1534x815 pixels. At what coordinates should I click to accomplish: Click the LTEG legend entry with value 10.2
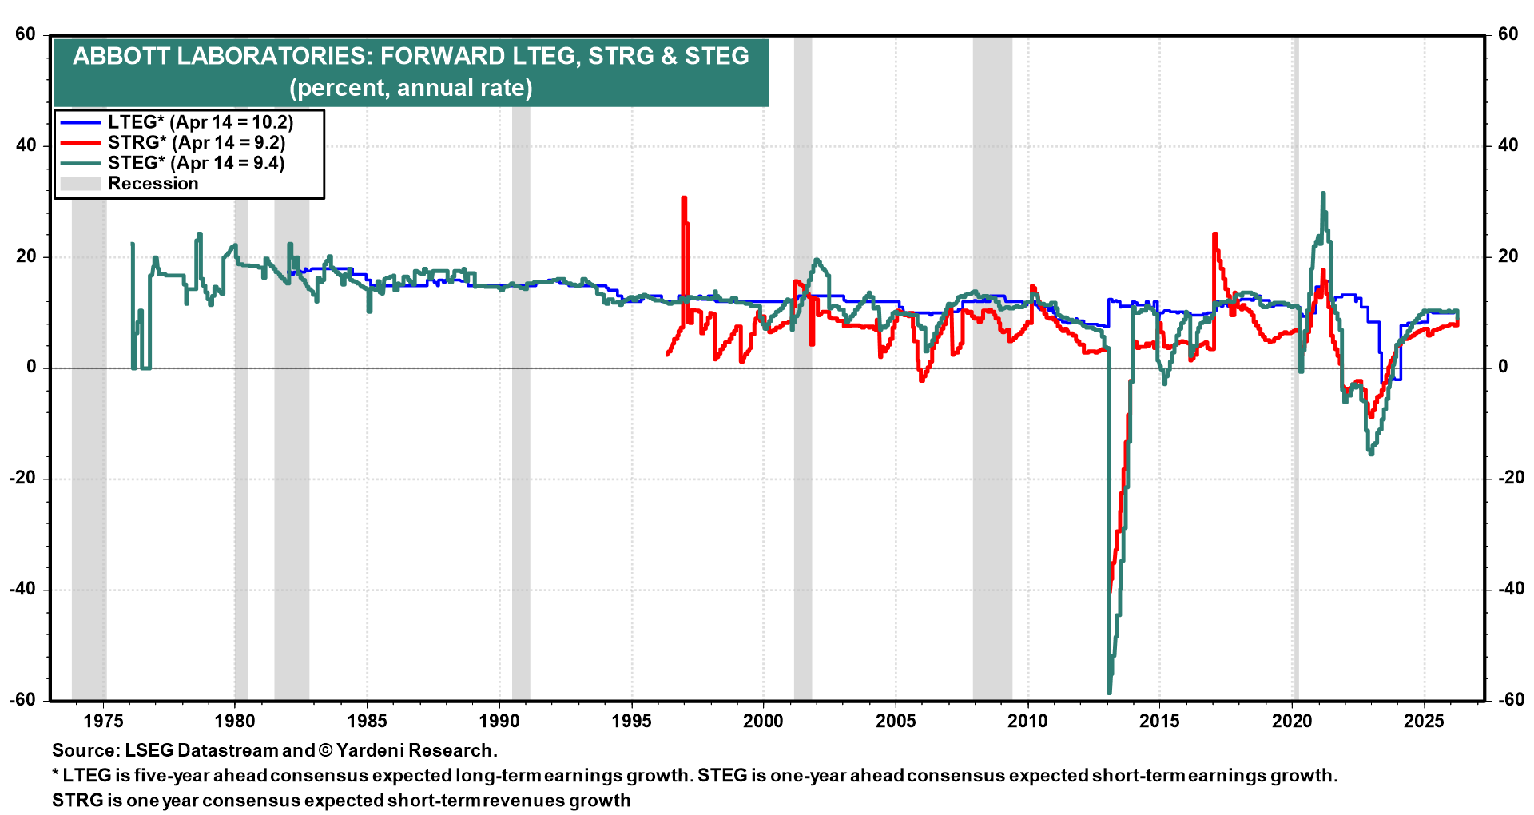[x=200, y=122]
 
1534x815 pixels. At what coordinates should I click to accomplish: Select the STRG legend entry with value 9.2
[x=196, y=143]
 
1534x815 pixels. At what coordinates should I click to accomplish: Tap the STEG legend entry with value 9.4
[x=196, y=163]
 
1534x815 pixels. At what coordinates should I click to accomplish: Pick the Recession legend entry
[x=153, y=184]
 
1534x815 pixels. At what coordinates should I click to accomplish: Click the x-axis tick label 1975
[x=103, y=721]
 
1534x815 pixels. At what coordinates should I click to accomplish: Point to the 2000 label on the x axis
[x=763, y=721]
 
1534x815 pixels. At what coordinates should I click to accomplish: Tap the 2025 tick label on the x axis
[x=1424, y=721]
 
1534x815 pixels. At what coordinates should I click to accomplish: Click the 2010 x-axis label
[x=1027, y=721]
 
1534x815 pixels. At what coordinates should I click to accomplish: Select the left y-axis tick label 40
[x=26, y=145]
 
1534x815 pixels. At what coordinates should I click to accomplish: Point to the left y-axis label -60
[x=22, y=700]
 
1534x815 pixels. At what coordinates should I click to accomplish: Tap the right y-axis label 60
[x=1508, y=34]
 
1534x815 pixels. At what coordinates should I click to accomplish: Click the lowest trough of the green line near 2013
[x=1109, y=692]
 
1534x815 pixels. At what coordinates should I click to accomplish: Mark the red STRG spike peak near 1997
[x=684, y=198]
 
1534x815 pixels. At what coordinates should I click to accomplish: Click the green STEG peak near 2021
[x=1323, y=193]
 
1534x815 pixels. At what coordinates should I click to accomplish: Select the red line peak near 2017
[x=1214, y=234]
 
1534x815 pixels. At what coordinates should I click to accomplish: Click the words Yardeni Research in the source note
[x=415, y=750]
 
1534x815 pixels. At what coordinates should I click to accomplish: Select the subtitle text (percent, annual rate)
[x=411, y=88]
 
